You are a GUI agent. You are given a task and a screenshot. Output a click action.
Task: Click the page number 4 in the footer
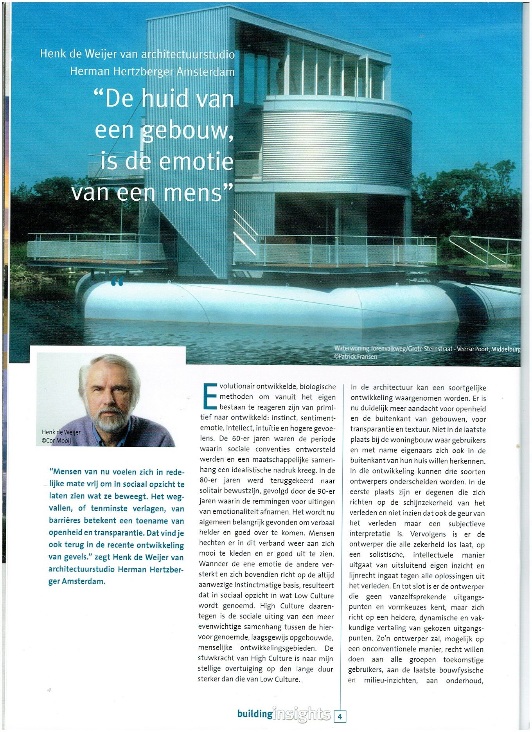tap(340, 716)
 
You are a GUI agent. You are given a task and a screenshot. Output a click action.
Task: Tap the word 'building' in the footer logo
tap(255, 713)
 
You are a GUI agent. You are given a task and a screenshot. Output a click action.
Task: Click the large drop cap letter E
tap(210, 396)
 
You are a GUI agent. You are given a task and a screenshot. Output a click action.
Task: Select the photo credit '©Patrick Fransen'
tap(355, 356)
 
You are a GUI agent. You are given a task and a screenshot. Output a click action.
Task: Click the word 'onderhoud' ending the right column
tap(465, 680)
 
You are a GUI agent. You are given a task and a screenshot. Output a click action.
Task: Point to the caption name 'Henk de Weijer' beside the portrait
tap(61, 432)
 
